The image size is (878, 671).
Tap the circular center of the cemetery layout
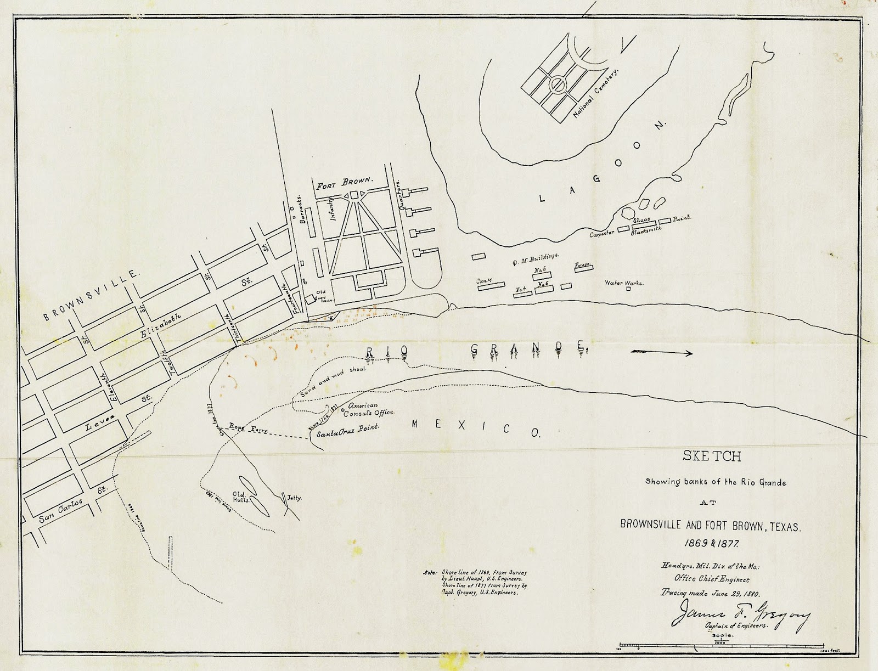click(x=558, y=84)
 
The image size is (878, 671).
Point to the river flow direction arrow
click(x=661, y=353)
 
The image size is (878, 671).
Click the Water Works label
click(x=624, y=283)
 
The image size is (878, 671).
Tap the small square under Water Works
click(x=628, y=289)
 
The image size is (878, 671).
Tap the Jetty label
click(x=295, y=498)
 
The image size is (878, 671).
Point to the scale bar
click(x=722, y=644)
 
